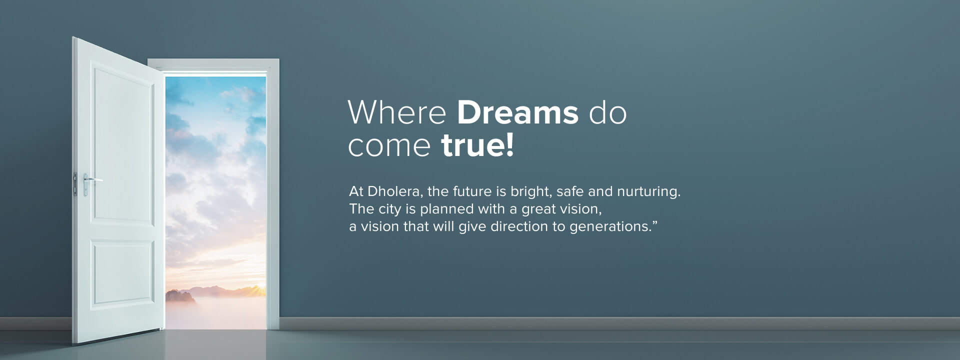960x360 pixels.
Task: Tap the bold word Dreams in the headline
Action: [x=517, y=112]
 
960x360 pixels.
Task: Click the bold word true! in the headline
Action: [x=477, y=145]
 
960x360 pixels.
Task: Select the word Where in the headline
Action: [x=397, y=112]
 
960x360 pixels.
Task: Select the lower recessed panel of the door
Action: [x=123, y=274]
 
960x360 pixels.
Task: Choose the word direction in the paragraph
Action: [x=519, y=226]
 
